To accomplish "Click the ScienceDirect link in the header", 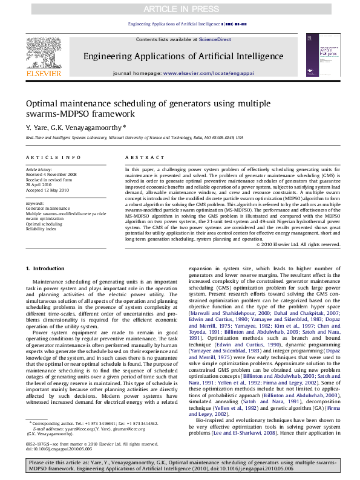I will tap(215, 39).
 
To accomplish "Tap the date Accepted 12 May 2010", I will tap(47, 190).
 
